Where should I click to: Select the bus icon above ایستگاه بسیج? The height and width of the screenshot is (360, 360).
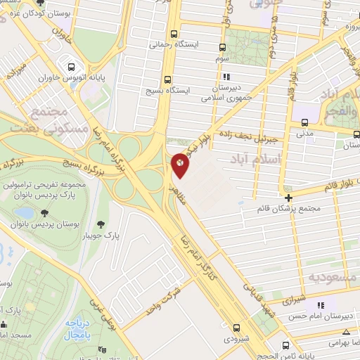pyautogui.click(x=167, y=79)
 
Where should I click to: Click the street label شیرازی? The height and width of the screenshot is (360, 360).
pyautogui.click(x=295, y=300)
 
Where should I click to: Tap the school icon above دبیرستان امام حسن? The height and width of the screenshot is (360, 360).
pyautogui.click(x=321, y=304)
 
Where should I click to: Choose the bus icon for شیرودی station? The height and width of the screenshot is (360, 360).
pyautogui.click(x=236, y=327)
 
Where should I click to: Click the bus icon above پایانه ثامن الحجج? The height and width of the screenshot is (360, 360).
pyautogui.click(x=284, y=345)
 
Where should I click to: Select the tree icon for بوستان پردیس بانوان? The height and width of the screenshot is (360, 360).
pyautogui.click(x=45, y=212)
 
